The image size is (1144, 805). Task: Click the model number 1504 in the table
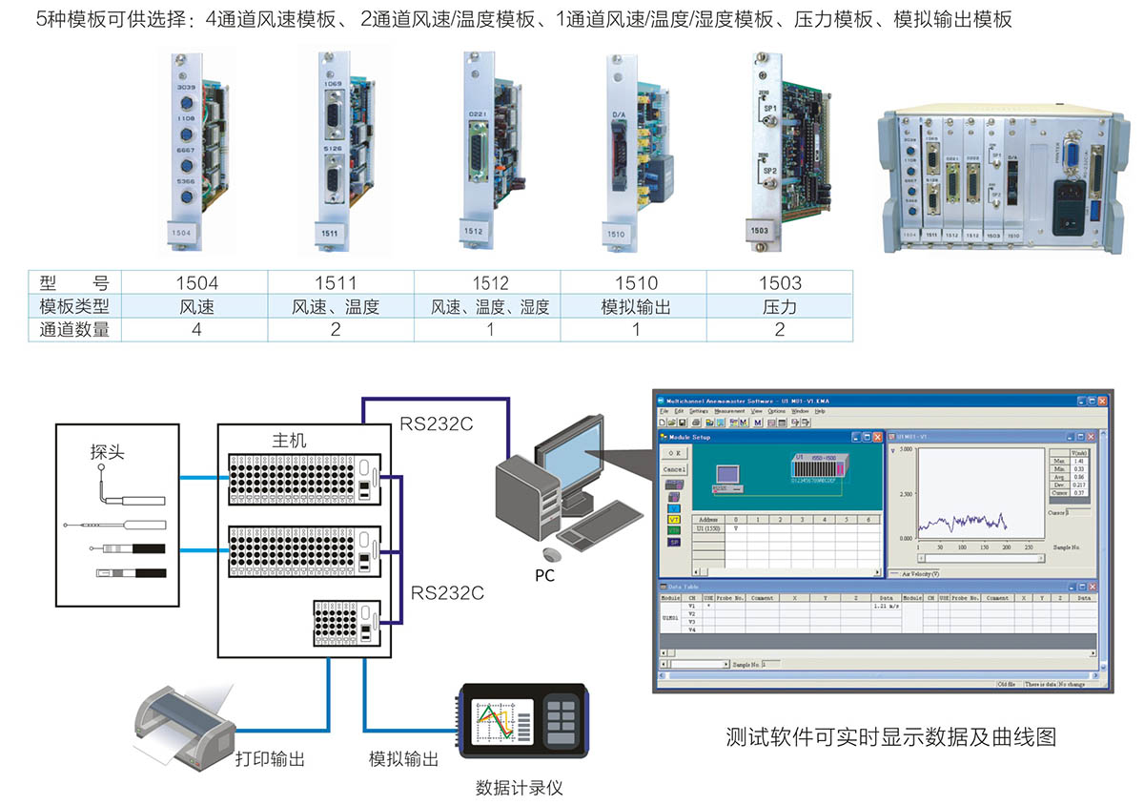coord(197,283)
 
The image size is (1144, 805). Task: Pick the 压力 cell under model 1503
coord(780,307)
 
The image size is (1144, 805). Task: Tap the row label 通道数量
coord(75,330)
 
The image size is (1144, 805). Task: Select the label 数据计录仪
coord(521,788)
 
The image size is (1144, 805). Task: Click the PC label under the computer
coord(544,576)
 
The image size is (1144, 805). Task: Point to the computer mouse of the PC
coord(549,553)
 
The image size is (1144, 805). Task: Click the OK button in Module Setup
coord(675,454)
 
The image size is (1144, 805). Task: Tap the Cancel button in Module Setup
coord(675,469)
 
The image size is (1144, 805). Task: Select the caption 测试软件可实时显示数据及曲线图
coord(890,737)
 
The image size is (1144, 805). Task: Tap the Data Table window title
coord(684,588)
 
